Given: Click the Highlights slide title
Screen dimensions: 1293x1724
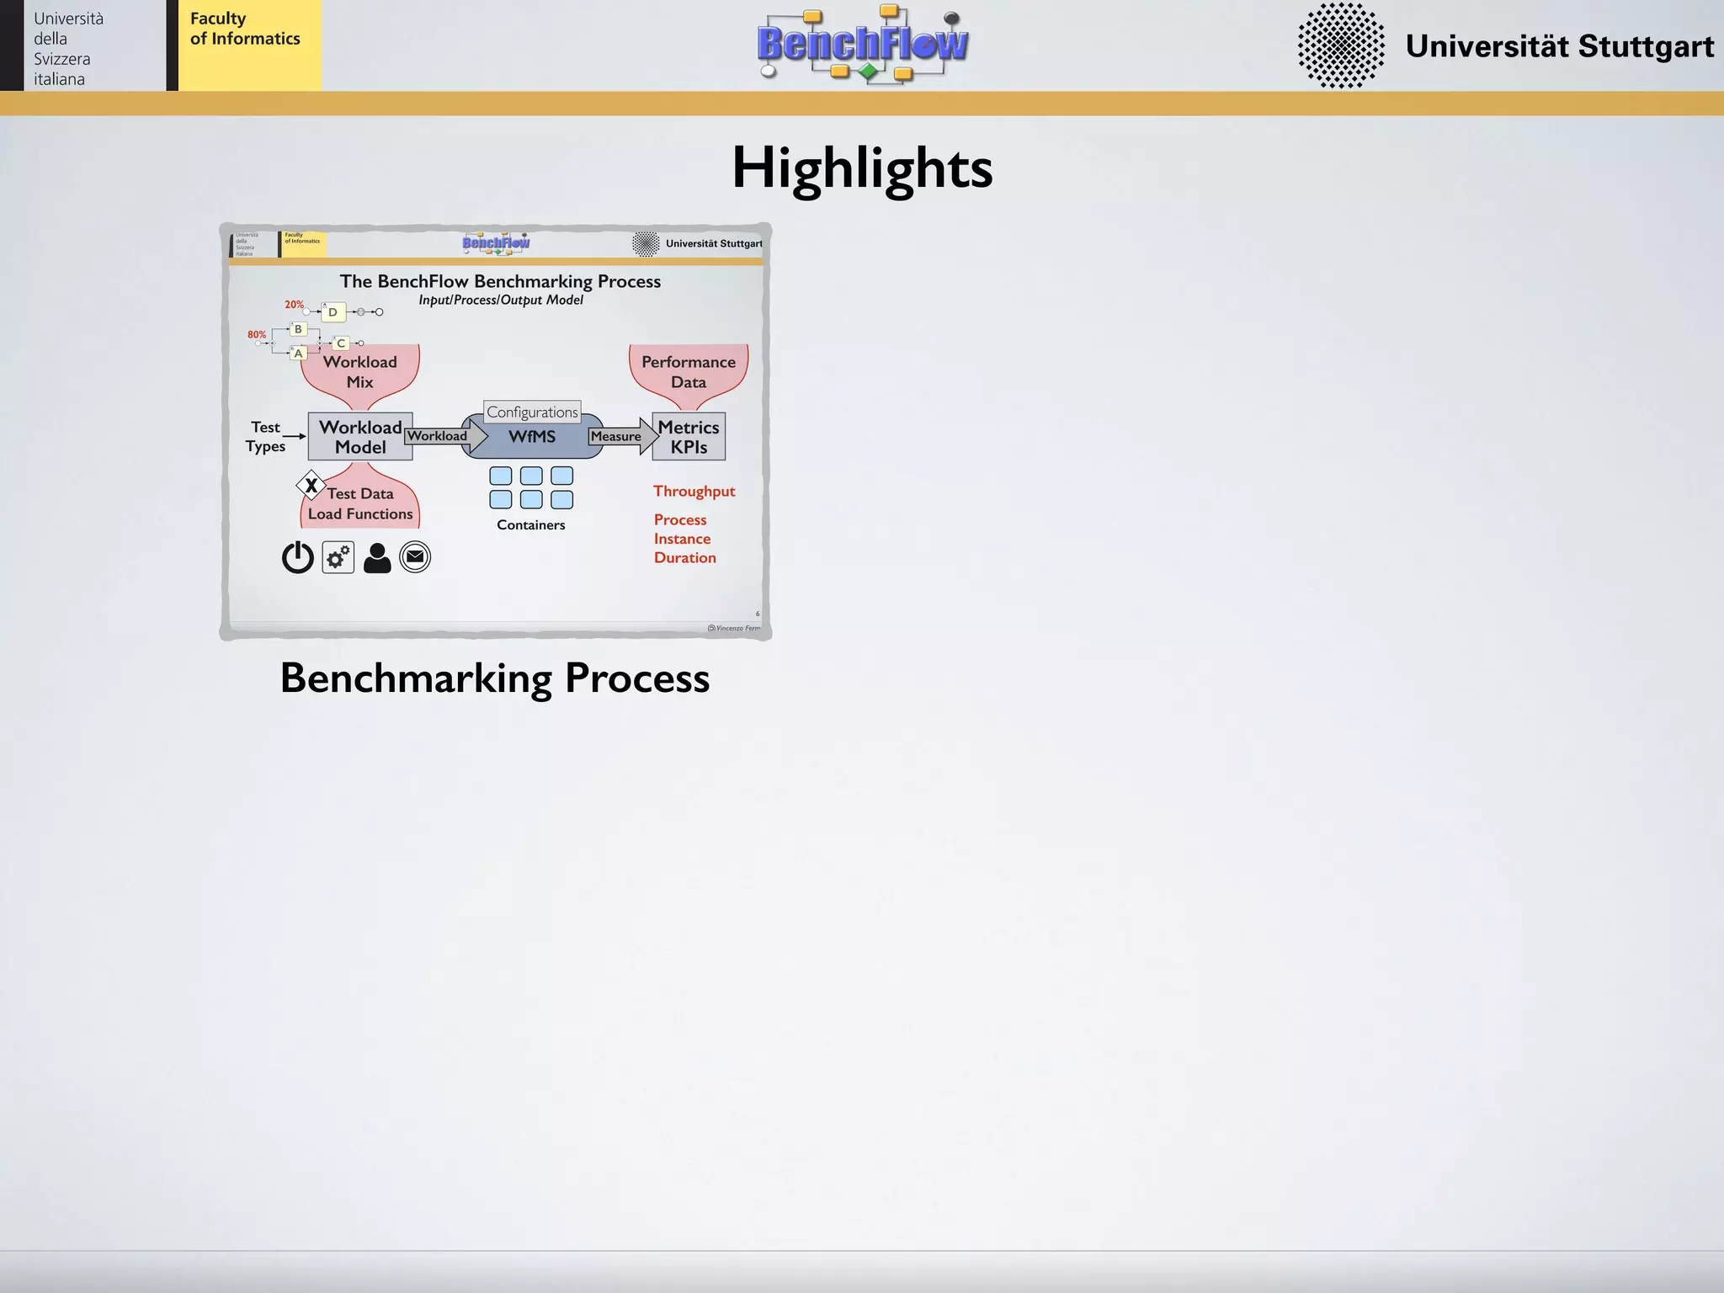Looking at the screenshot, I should pos(862,168).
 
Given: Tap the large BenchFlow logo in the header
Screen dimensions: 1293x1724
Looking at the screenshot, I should pos(862,44).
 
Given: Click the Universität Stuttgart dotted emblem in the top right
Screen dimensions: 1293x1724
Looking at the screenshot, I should pos(1340,45).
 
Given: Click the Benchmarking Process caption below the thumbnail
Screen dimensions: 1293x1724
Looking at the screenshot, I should pos(495,678).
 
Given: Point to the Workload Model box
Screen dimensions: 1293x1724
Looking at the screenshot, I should pos(360,437).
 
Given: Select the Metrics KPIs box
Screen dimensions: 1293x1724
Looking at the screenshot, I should pos(689,437).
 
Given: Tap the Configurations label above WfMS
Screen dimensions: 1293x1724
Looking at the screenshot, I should pos(532,412).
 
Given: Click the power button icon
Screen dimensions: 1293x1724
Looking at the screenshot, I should pos(298,557).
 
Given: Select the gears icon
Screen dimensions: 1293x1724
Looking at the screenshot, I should pos(338,557).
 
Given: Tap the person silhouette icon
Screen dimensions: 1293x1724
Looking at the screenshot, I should pos(377,558).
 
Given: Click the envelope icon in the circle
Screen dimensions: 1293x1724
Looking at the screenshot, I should pos(415,556).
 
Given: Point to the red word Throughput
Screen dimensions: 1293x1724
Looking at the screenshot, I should pos(694,492).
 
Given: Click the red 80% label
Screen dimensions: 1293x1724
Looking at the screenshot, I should pos(257,334).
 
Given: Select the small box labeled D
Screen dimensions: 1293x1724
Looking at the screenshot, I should pos(333,312).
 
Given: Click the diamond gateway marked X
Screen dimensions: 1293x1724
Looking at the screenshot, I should pos(311,486).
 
